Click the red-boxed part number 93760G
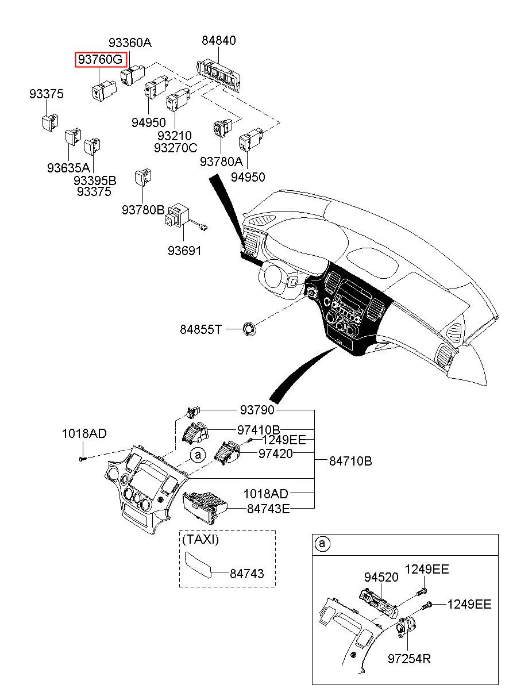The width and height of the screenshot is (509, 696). [101, 59]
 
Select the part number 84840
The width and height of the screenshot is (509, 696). [218, 41]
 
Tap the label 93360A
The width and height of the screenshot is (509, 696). [130, 43]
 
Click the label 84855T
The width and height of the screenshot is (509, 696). [200, 329]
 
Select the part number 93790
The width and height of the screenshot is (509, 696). [257, 410]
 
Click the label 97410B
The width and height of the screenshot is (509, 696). [259, 430]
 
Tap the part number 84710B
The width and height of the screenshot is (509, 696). [350, 461]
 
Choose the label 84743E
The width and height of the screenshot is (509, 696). [268, 508]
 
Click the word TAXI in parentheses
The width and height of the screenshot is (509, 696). [200, 540]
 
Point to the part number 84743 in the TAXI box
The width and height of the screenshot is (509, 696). [247, 573]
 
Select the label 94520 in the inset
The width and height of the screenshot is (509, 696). [381, 577]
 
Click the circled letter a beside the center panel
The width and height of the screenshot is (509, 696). [197, 455]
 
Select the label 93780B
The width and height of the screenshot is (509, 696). [143, 210]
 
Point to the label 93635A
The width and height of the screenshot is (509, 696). [68, 168]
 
